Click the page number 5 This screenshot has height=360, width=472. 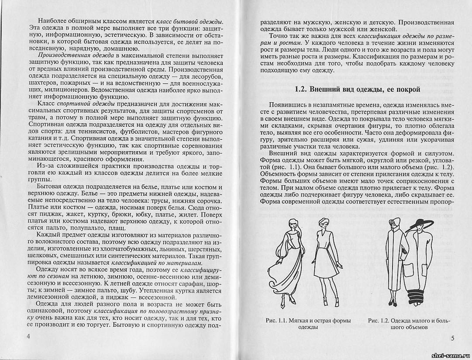[452, 338]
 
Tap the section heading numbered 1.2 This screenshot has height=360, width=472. [357, 90]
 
